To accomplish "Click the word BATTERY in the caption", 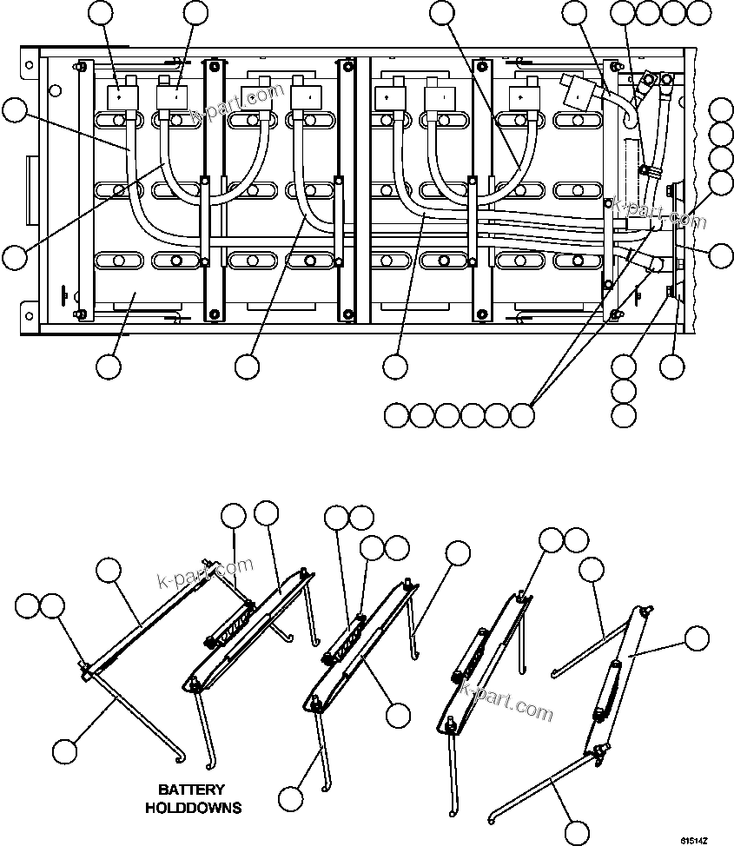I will (191, 790).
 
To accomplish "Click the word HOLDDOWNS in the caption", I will (193, 808).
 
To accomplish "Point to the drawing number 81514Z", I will (695, 840).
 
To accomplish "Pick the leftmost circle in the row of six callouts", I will (396, 415).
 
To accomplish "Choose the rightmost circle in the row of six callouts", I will (522, 415).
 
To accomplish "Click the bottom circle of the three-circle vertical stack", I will (623, 414).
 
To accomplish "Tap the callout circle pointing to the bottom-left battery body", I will (109, 367).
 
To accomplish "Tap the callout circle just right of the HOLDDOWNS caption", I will (292, 797).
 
